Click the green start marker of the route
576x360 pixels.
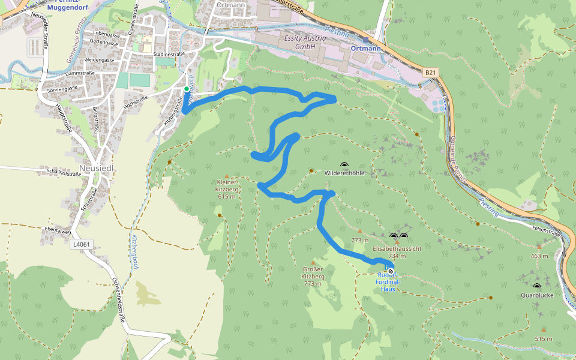[187, 89]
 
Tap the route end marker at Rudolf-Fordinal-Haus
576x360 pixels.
[391, 271]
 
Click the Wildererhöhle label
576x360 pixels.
[344, 173]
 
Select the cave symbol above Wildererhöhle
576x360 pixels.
[344, 165]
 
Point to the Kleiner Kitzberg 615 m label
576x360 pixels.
[227, 188]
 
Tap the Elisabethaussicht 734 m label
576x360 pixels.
[397, 251]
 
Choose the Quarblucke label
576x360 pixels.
[536, 295]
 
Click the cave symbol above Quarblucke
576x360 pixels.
[536, 286]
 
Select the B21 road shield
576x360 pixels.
[430, 73]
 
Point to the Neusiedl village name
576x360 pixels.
[97, 169]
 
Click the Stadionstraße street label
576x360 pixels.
[169, 54]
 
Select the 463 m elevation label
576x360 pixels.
[539, 256]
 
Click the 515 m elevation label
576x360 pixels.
[544, 339]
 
